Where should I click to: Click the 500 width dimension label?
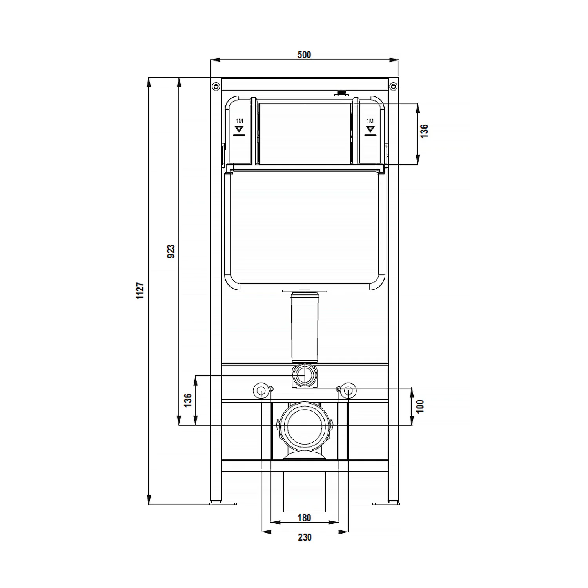(x=304, y=55)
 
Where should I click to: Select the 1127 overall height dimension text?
(x=140, y=290)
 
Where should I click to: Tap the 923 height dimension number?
(x=171, y=251)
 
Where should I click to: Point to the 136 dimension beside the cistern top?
(x=424, y=131)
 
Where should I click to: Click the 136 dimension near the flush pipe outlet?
(x=188, y=400)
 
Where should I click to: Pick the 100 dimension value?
(x=420, y=406)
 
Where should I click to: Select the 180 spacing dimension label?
(x=304, y=518)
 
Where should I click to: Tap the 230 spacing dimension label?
(x=305, y=537)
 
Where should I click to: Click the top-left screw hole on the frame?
(x=216, y=86)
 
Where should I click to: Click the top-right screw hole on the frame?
(x=393, y=86)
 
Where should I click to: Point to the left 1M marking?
(x=239, y=121)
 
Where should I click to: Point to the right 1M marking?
(x=370, y=121)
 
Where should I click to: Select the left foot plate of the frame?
(x=223, y=503)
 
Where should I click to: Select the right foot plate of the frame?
(x=386, y=503)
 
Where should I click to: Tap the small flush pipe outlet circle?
(x=305, y=375)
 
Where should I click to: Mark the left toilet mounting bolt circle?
(x=261, y=390)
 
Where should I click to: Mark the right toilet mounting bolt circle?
(x=348, y=390)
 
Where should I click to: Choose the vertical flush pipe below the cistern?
(x=305, y=327)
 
